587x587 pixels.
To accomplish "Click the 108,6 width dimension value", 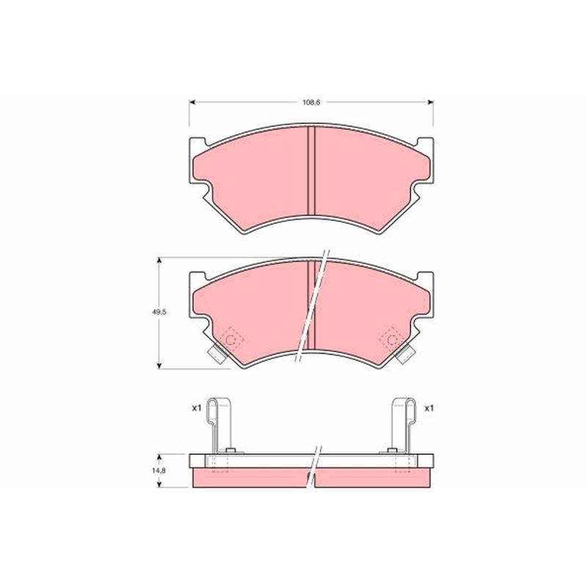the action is pos(311,102).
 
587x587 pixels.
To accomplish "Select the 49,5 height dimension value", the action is pos(158,313).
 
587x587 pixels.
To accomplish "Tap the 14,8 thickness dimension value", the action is pos(158,471).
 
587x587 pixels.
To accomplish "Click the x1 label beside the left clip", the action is pos(197,408).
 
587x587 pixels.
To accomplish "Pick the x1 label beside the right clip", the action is pos(429,408).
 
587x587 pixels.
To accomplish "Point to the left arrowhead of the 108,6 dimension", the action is pos(192,102).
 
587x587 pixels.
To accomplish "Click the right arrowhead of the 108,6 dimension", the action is pos(431,102).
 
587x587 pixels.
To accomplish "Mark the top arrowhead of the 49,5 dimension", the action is pos(159,260).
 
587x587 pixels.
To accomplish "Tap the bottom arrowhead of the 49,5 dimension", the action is pos(159,365).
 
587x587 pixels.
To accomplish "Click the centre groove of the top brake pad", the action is pos(311,171).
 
